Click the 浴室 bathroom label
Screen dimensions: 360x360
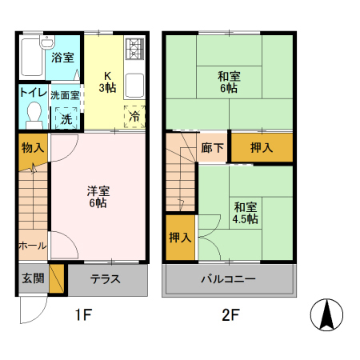click(x=63, y=58)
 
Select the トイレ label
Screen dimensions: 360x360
click(x=32, y=93)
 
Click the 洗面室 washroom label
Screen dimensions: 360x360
click(x=66, y=95)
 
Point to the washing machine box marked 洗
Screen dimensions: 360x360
click(x=66, y=118)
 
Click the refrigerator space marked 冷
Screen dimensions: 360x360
click(x=134, y=116)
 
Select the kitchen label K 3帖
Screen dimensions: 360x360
click(x=106, y=82)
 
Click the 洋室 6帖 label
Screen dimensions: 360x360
click(x=98, y=197)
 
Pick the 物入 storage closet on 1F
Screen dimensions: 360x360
click(x=33, y=148)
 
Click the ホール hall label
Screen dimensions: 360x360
click(x=32, y=246)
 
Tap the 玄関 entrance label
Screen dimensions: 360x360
click(x=31, y=279)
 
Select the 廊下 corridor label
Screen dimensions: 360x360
click(x=213, y=148)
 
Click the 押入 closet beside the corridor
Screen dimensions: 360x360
click(x=261, y=148)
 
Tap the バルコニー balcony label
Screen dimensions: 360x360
click(x=228, y=280)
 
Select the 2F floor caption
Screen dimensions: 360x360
click(x=230, y=315)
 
